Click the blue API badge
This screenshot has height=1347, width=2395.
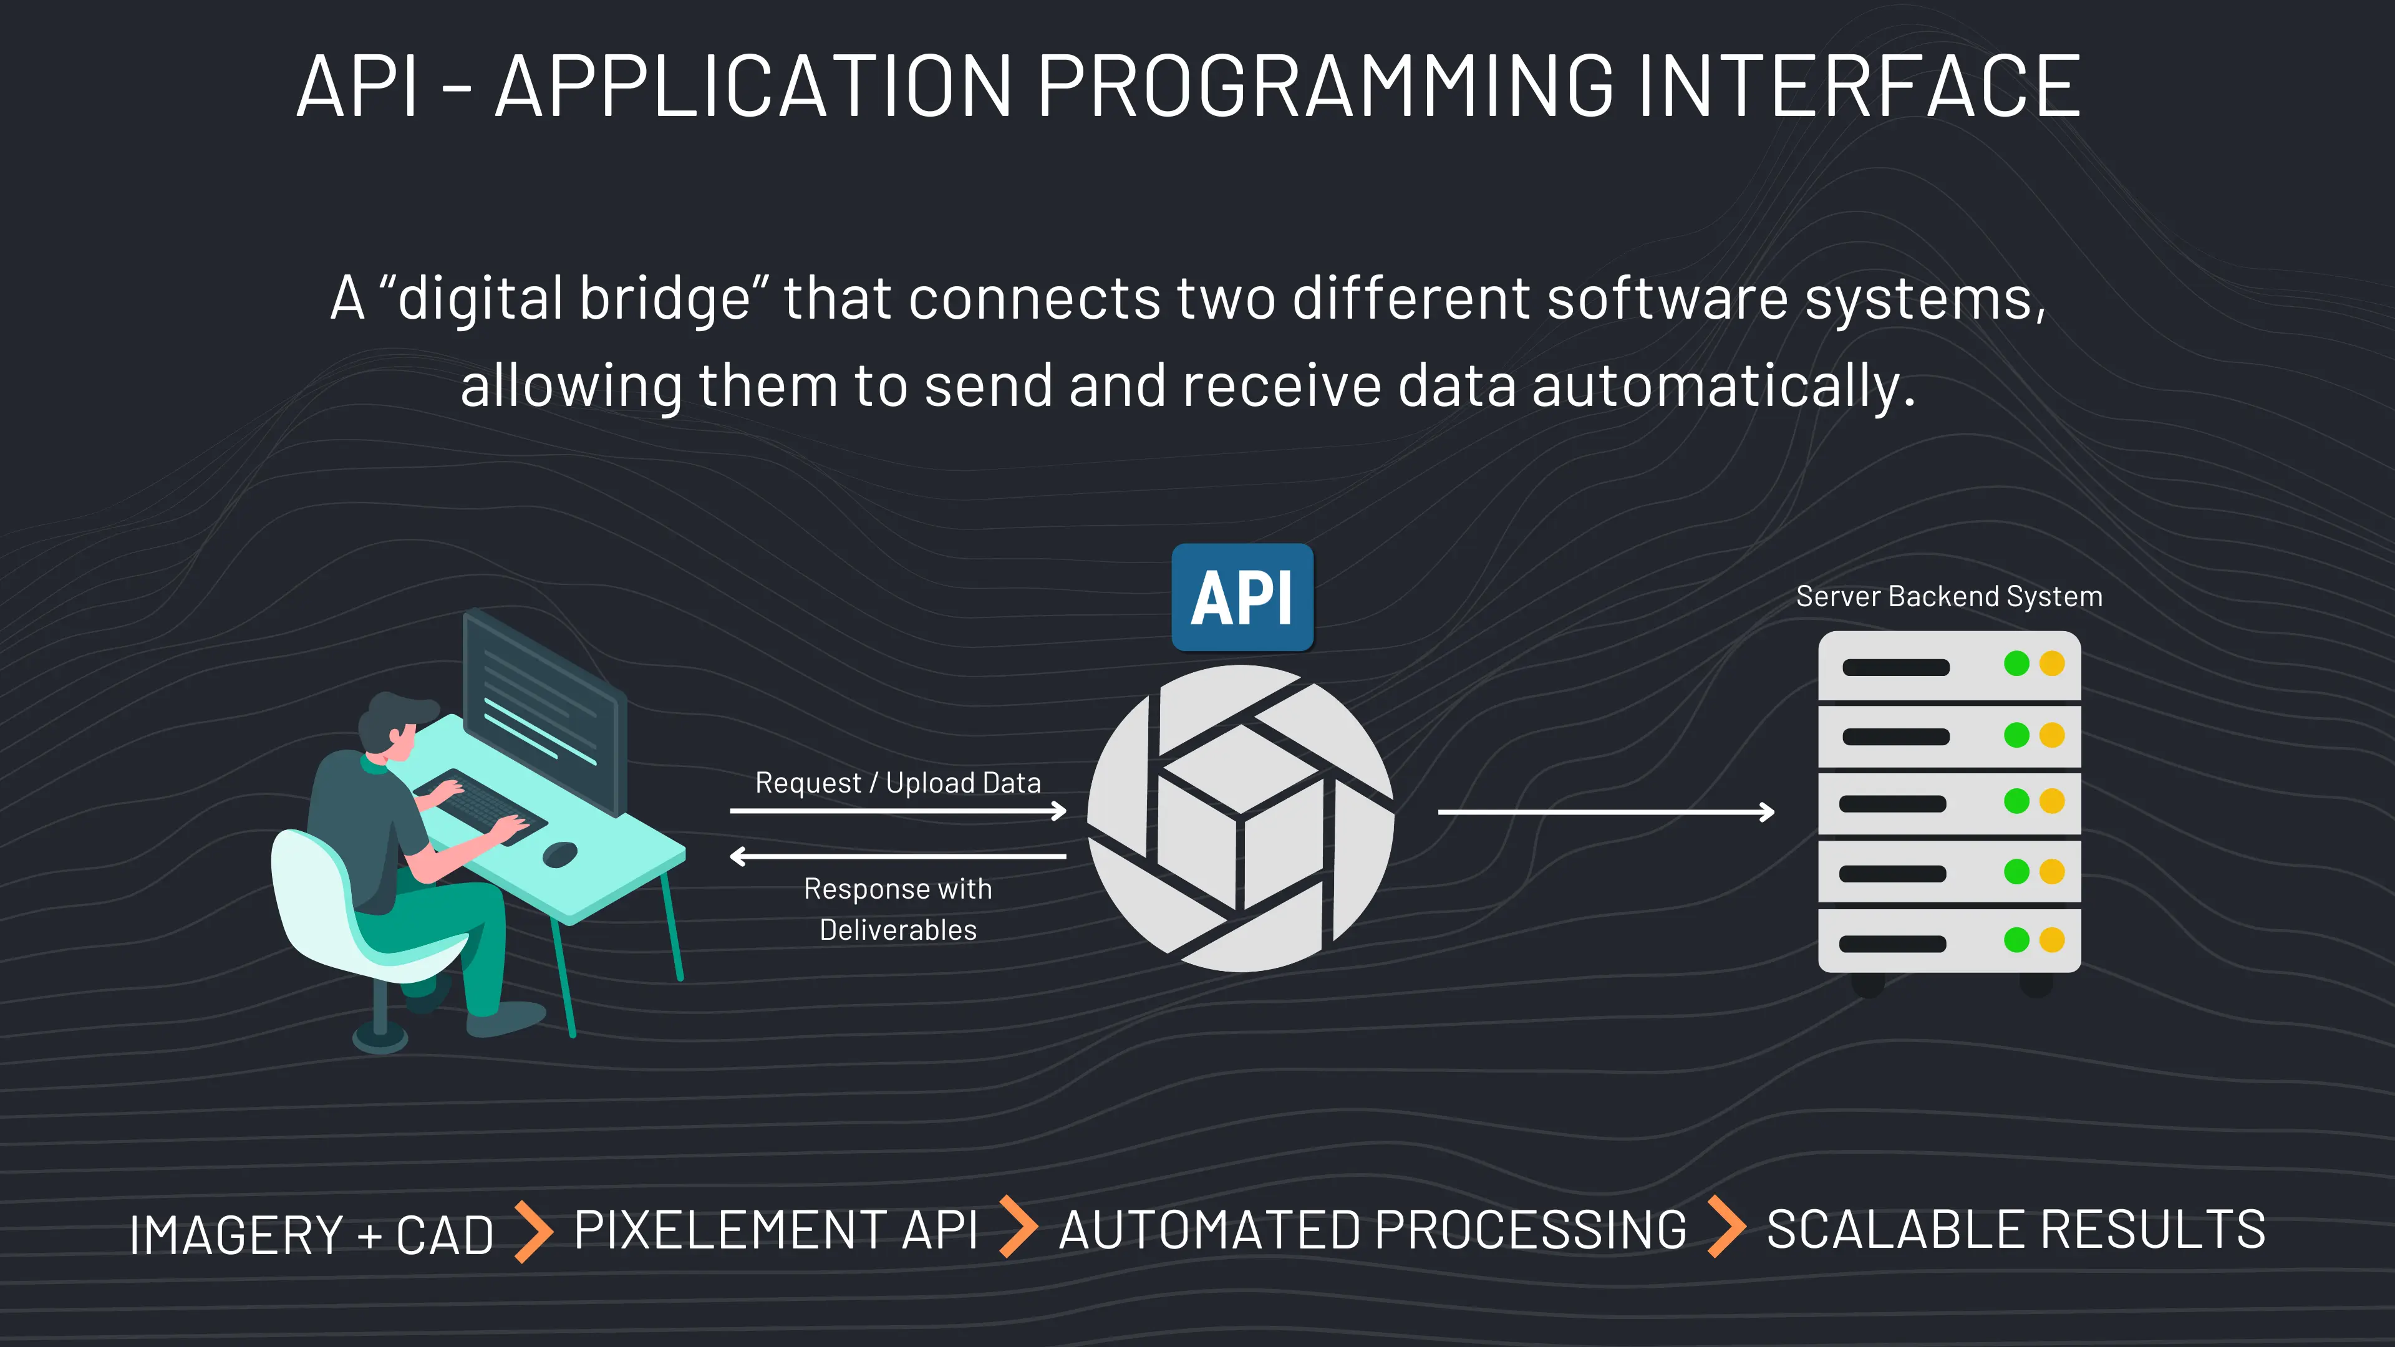[x=1242, y=598]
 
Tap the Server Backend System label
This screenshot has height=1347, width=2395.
[x=1948, y=596]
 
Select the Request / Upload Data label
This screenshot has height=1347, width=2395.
[x=898, y=783]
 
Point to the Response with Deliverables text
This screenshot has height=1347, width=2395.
[x=898, y=909]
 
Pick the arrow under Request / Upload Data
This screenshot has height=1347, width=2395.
[x=898, y=811]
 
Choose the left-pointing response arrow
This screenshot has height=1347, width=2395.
[x=898, y=855]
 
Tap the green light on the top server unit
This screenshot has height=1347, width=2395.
[x=2016, y=664]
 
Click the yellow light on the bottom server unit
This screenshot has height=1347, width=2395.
[x=2052, y=940]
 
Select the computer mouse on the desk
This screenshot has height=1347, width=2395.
[x=559, y=853]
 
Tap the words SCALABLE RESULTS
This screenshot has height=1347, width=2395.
[x=2015, y=1230]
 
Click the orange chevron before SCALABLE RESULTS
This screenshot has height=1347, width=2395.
[x=1726, y=1227]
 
